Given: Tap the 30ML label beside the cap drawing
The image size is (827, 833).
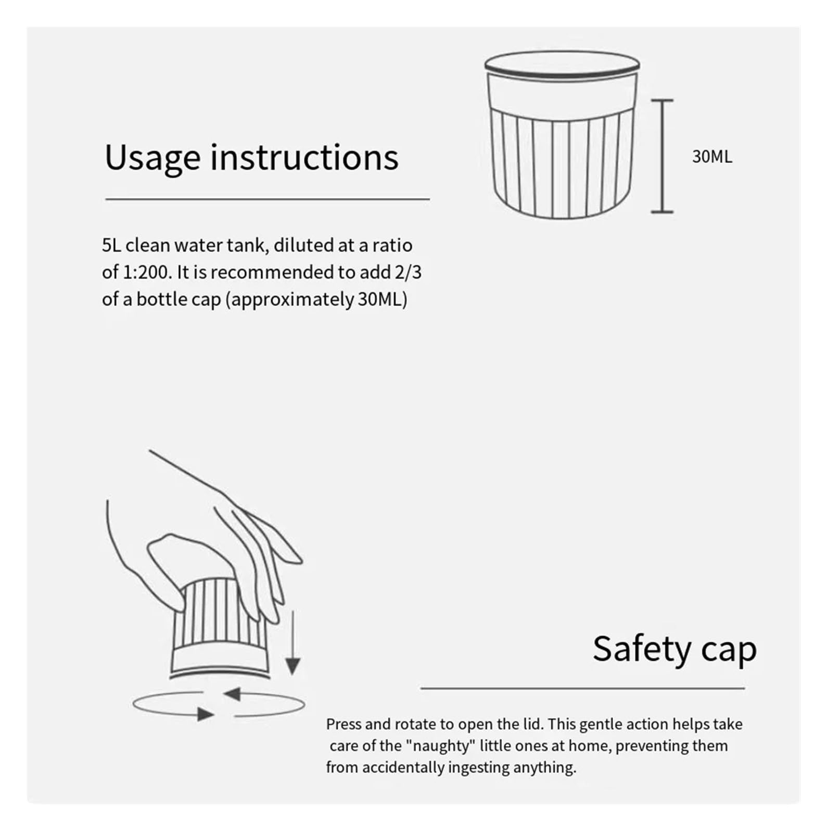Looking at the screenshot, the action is (712, 157).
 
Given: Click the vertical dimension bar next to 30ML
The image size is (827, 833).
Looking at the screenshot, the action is (662, 156).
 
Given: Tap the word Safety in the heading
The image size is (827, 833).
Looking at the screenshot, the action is (642, 649).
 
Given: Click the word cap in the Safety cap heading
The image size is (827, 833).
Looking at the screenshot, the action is (729, 651).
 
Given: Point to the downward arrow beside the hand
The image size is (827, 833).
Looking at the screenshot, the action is (293, 643).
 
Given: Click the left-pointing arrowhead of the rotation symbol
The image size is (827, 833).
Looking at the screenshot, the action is (232, 693).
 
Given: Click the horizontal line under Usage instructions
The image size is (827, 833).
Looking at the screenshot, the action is (268, 199).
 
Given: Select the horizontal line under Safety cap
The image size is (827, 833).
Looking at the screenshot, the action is (582, 688).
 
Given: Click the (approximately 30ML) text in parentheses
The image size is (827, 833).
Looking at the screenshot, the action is (316, 299).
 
